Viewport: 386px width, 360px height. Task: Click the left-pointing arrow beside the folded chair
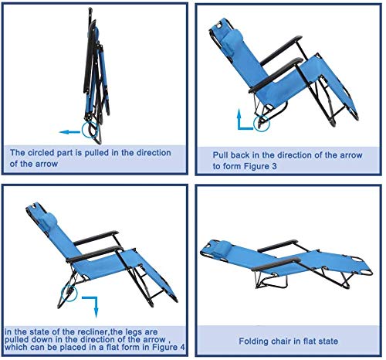69,132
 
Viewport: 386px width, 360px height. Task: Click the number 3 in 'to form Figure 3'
274,166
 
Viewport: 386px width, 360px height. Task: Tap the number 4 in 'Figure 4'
182,347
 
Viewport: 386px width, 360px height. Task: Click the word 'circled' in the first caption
41,152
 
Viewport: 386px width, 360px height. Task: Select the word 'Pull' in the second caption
220,155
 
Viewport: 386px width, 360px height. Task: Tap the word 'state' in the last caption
328,341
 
